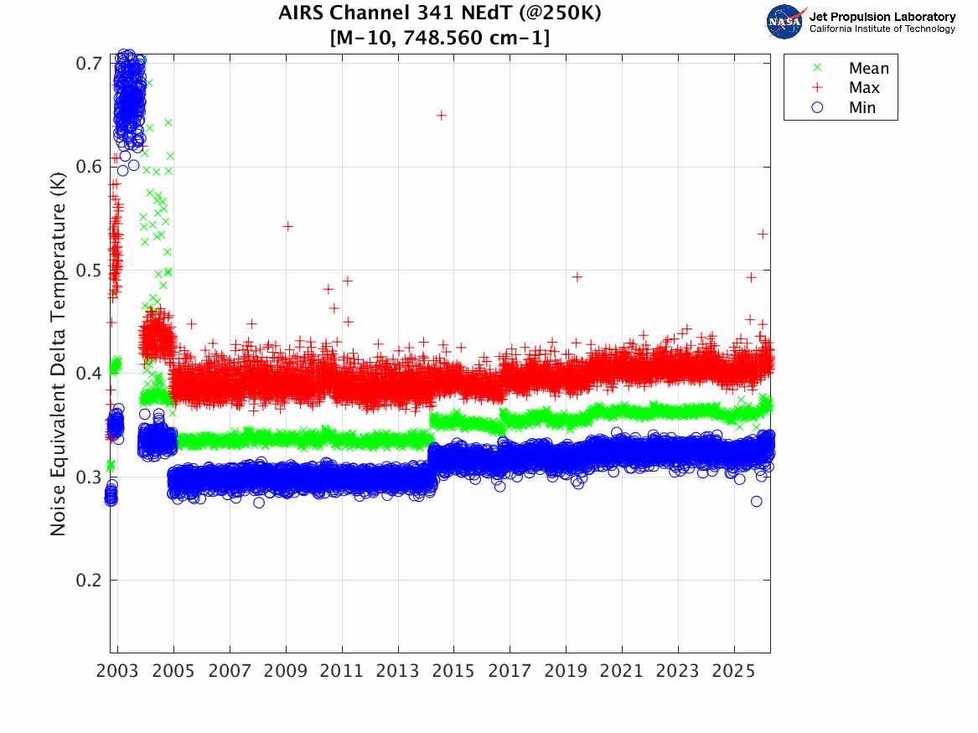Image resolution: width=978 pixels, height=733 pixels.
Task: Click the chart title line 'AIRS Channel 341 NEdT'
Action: (x=439, y=13)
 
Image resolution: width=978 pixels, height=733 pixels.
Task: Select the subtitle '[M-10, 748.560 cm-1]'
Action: (x=439, y=37)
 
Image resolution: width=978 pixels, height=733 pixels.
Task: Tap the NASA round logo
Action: (x=784, y=22)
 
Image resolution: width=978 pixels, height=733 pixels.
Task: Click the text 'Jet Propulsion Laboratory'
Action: (x=882, y=17)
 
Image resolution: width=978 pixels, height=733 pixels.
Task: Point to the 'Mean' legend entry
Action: (x=868, y=69)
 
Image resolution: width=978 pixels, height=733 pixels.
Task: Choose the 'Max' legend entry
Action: (x=864, y=88)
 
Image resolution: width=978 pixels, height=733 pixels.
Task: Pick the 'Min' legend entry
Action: (x=862, y=107)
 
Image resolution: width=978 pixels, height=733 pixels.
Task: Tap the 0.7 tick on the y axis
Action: (x=89, y=64)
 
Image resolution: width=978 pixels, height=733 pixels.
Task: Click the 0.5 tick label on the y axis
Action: (x=89, y=270)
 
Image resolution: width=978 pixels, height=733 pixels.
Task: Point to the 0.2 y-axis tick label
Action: (x=89, y=581)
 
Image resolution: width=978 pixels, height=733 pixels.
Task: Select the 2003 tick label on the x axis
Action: (x=118, y=672)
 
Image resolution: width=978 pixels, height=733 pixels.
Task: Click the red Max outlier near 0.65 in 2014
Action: (x=442, y=115)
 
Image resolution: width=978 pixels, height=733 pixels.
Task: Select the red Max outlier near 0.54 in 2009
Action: (x=287, y=226)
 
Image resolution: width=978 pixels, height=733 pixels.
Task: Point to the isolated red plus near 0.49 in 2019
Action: (x=577, y=276)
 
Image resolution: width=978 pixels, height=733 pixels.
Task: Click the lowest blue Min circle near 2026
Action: (x=757, y=501)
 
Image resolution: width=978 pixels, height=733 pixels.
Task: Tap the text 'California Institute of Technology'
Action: (x=882, y=29)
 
